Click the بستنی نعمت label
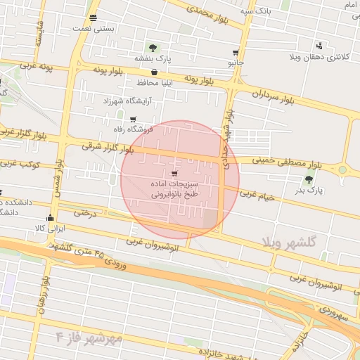(93, 30)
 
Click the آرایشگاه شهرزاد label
(122, 102)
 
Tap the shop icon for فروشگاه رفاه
(133, 119)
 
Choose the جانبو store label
(235, 63)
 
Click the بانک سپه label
(255, 11)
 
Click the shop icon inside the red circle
(174, 172)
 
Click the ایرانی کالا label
(49, 229)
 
